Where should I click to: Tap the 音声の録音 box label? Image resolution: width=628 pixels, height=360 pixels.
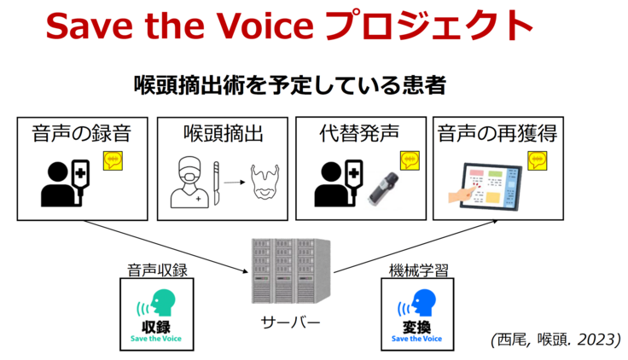83,134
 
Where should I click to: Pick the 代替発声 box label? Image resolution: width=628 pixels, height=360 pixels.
358,134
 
